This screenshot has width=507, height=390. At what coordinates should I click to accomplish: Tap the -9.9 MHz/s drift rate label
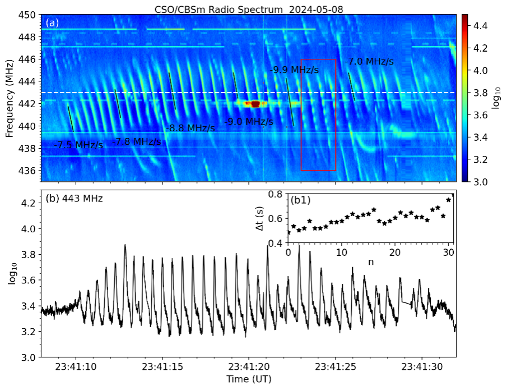tap(295, 70)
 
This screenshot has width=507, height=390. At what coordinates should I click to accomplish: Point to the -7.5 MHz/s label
tap(78, 145)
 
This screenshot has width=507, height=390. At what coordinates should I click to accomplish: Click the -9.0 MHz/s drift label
tap(249, 122)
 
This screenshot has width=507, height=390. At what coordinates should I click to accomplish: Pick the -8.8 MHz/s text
tap(190, 128)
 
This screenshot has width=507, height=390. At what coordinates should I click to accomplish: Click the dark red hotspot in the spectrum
tap(255, 104)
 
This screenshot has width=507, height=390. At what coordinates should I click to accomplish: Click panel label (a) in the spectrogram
tap(52, 23)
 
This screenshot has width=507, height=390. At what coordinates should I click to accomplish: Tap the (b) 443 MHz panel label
tap(74, 198)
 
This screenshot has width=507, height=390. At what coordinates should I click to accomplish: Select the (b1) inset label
tap(300, 199)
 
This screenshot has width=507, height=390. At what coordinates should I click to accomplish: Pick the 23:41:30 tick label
tap(422, 368)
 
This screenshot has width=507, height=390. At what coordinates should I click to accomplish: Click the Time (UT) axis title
tap(249, 380)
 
